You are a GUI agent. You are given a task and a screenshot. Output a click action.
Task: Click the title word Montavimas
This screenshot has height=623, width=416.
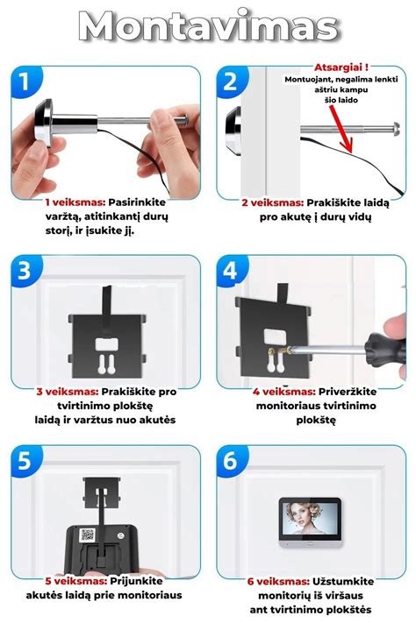208,26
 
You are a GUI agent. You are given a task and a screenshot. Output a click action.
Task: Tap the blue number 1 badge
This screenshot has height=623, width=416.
25,81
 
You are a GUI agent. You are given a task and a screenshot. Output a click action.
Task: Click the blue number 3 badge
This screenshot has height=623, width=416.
25,271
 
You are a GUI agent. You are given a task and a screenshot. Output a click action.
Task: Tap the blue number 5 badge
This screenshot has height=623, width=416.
25,461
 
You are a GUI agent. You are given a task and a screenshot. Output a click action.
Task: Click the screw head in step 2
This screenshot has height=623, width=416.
396,129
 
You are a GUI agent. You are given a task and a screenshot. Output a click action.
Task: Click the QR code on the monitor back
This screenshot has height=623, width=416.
87,535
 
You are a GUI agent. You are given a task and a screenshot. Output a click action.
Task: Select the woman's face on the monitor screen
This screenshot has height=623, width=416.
303,514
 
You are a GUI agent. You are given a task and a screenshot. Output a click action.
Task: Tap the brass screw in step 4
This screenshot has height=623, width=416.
278,351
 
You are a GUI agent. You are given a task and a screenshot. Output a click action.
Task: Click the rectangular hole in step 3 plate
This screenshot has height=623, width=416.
105,344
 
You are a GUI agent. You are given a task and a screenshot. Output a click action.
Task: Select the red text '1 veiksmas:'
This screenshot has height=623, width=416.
75,202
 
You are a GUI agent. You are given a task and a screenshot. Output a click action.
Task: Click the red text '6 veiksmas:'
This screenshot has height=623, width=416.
278,581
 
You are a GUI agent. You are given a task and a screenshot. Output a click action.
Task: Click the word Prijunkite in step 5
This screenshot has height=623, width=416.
137,581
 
